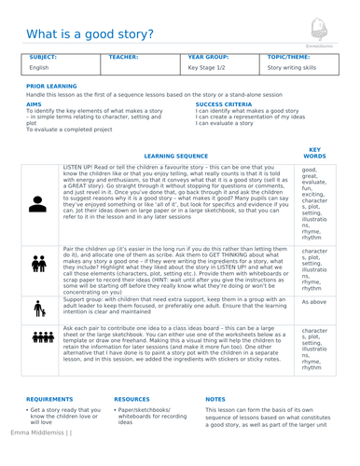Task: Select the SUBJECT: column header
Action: [43, 57]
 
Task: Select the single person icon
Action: [38, 206]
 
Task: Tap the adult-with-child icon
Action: [38, 308]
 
